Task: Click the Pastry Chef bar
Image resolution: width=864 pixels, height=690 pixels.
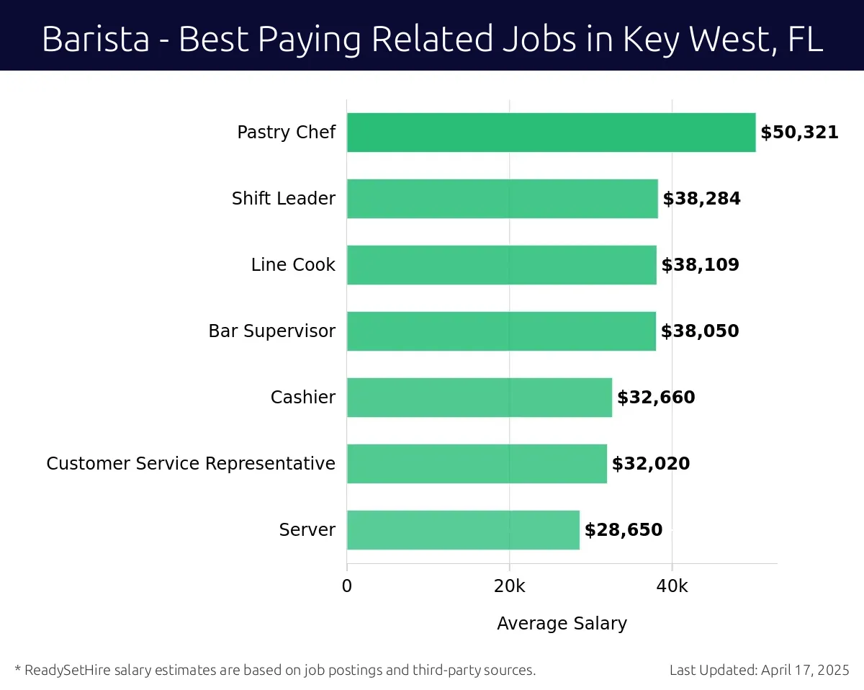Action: coord(551,133)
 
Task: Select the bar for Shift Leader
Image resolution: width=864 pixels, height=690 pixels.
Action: coord(502,199)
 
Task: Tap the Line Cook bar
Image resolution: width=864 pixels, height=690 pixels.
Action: coord(501,265)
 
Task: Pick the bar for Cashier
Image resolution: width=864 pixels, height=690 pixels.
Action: coord(479,398)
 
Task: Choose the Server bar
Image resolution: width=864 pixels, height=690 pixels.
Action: coord(463,530)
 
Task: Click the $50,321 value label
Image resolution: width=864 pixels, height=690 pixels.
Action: coord(799,133)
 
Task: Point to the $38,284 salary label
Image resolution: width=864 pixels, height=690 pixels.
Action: coord(701,199)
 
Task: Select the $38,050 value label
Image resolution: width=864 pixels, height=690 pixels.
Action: coord(700,331)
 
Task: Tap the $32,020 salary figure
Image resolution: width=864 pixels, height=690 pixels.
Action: coord(651,464)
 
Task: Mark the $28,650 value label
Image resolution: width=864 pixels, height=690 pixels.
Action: coord(624,530)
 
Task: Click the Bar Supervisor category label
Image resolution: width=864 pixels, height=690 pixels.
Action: coord(271,331)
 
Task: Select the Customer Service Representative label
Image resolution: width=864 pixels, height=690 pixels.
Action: coord(191,464)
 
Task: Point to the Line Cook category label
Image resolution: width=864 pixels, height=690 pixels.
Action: coord(293,265)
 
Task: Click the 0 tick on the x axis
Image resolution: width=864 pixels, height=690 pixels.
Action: coord(347,586)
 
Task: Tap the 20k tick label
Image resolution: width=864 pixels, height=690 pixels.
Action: coord(509,586)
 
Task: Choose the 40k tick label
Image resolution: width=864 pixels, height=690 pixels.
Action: coord(672,586)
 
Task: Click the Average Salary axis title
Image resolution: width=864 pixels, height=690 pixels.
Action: coord(562,624)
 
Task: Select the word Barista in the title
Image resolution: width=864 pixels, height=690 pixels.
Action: coord(96,39)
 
